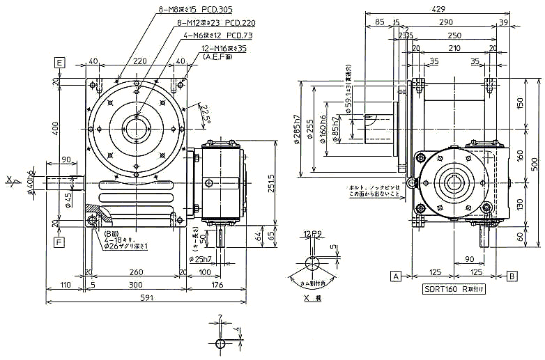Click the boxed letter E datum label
[x=60, y=63]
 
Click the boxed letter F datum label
[x=60, y=242]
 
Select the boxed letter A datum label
[x=395, y=275]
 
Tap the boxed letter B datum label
[x=512, y=275]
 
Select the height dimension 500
[x=534, y=164]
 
